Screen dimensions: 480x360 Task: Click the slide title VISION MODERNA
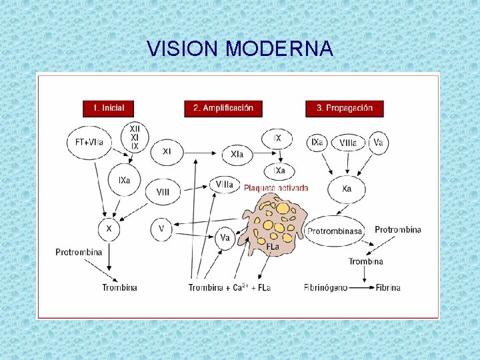[x=240, y=49]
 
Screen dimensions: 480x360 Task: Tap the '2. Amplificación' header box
[x=223, y=108]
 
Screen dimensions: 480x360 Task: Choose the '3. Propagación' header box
[x=345, y=108]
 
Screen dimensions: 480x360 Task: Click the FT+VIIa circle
[x=89, y=142]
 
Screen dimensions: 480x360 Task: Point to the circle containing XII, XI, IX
[x=135, y=137]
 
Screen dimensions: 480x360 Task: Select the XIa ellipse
[x=237, y=155]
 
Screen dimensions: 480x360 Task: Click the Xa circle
[x=346, y=189]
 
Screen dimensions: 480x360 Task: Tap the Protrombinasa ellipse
[x=335, y=231]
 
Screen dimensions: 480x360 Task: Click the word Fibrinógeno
[x=326, y=287]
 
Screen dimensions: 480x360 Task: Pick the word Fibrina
[x=388, y=287]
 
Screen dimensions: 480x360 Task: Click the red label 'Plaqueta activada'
[x=276, y=188]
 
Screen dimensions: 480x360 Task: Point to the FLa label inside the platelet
[x=273, y=247]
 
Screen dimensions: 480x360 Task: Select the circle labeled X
[x=109, y=229]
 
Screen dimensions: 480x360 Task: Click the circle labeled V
[x=162, y=229]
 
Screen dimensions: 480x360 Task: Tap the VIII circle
[x=163, y=192]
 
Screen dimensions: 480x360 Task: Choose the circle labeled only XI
[x=166, y=152]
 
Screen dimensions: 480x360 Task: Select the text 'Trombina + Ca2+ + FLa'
[x=229, y=287]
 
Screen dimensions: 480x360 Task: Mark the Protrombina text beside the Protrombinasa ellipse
[x=398, y=229]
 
